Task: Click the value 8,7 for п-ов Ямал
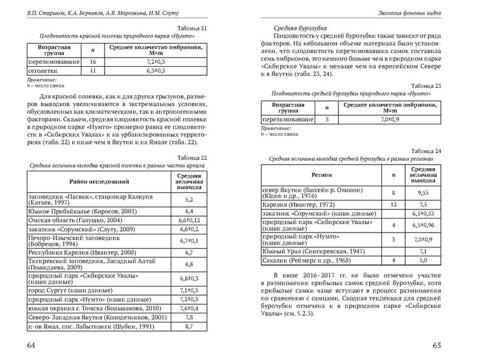point(188,325)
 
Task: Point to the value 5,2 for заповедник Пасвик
point(188,199)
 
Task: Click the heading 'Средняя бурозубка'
point(298,28)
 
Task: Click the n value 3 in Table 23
point(327,120)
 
